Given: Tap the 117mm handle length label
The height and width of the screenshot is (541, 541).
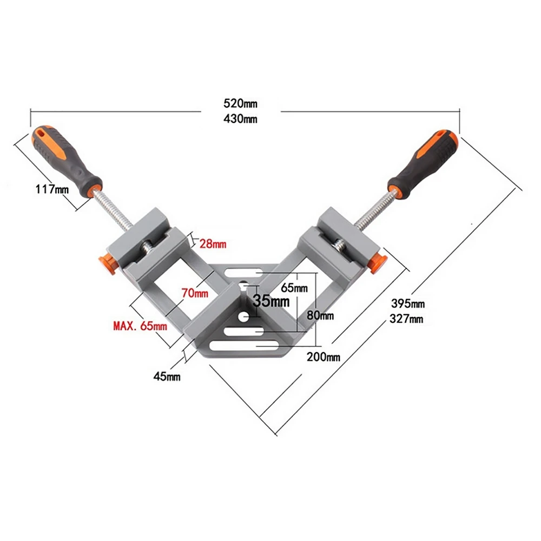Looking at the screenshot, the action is [53, 189].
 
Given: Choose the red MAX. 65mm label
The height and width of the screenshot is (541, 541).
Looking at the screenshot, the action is [140, 326].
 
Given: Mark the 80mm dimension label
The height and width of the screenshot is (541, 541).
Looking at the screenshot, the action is [320, 315].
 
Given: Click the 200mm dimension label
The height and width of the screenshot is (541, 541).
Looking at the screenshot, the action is [323, 357].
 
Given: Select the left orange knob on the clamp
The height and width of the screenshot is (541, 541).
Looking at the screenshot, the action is [106, 263].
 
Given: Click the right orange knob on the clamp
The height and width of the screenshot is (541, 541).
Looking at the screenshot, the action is [379, 262].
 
